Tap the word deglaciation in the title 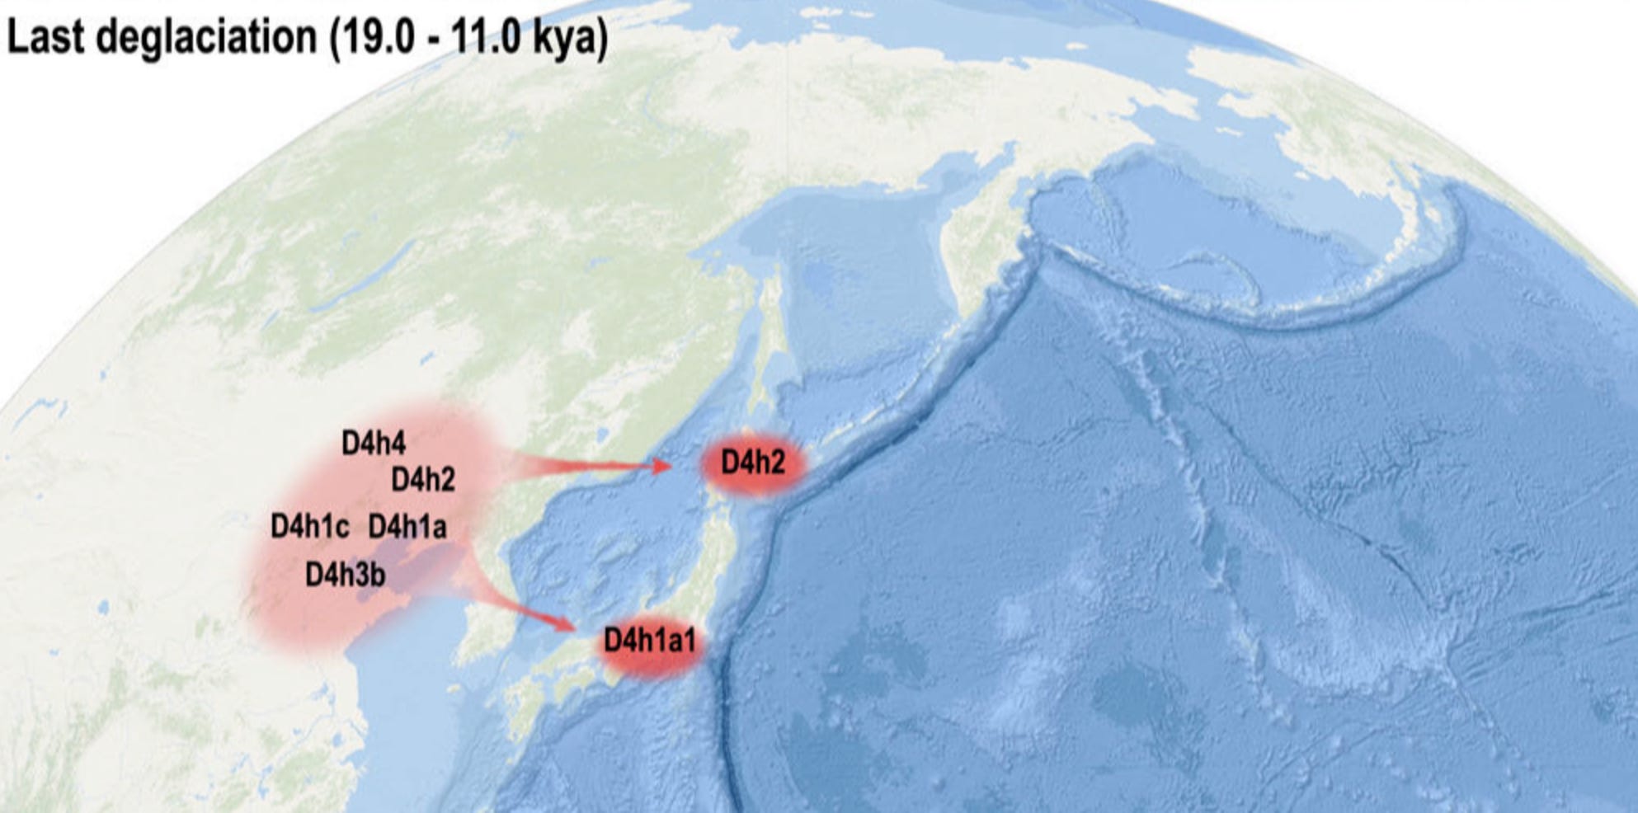[207, 39]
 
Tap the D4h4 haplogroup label [374, 444]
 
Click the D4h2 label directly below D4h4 [423, 479]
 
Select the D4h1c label [310, 526]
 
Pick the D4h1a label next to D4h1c [407, 526]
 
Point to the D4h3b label [346, 574]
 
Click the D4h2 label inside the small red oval [753, 463]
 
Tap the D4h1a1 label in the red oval [650, 641]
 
